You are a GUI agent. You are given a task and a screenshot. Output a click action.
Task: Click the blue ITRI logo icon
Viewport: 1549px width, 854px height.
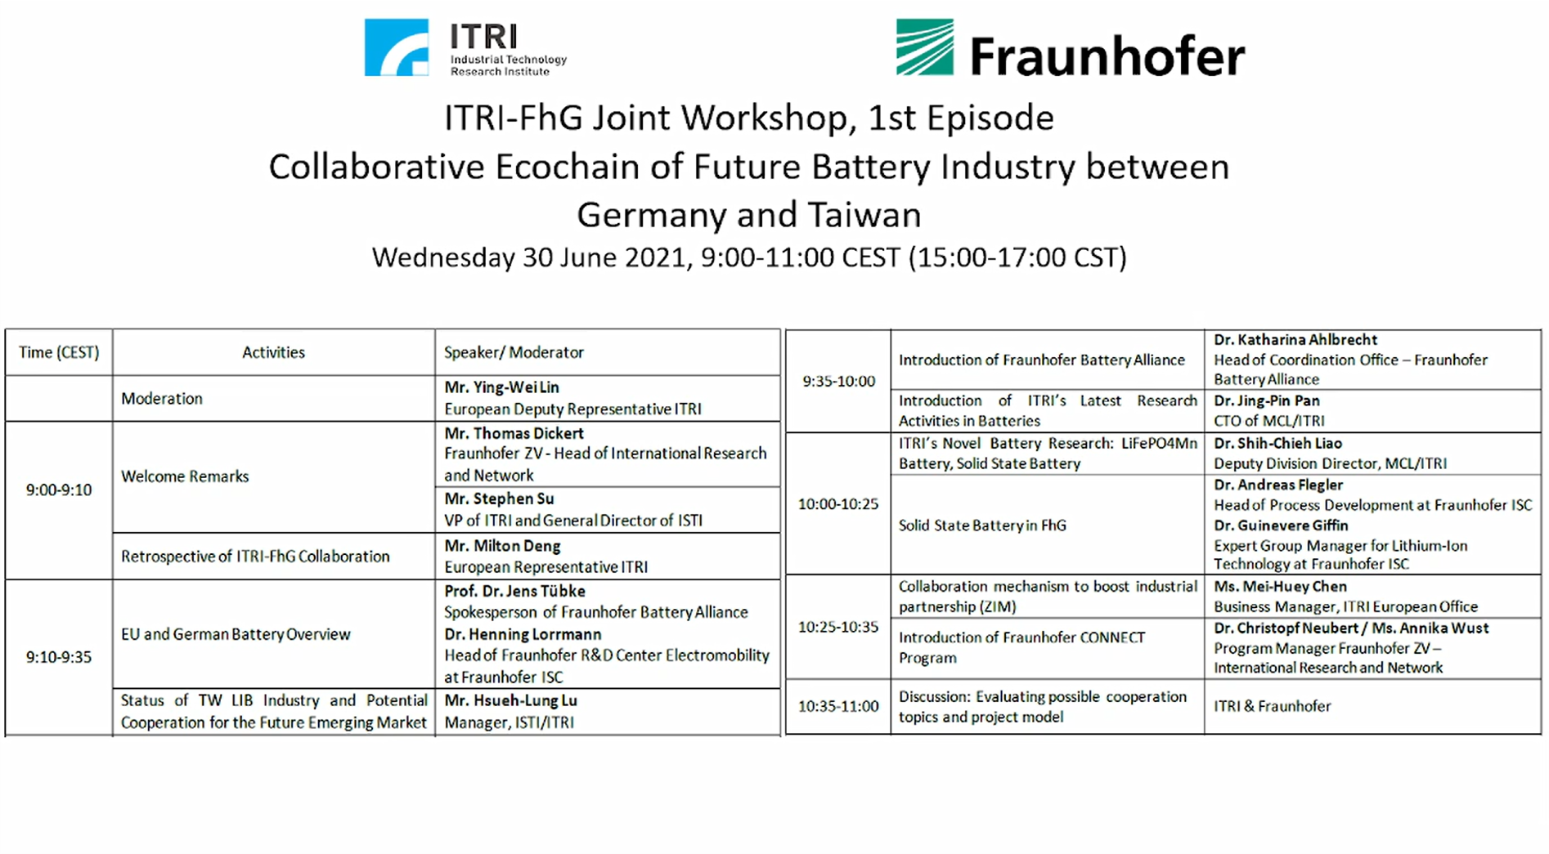(x=397, y=47)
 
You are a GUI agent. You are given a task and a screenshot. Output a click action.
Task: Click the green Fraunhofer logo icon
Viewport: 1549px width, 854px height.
(x=925, y=47)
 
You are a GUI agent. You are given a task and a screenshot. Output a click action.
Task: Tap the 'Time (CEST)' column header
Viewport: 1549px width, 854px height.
(x=59, y=352)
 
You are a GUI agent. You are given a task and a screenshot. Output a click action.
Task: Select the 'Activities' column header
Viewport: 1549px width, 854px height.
(x=273, y=352)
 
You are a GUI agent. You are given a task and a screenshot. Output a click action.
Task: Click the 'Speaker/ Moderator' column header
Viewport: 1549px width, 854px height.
(x=514, y=352)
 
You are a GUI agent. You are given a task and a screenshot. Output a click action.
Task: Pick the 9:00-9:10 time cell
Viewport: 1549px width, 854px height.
(x=59, y=490)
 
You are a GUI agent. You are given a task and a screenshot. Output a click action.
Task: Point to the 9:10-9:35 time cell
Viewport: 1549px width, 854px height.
(x=59, y=657)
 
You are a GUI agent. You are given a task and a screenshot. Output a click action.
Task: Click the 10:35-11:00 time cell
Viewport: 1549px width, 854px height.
(x=838, y=706)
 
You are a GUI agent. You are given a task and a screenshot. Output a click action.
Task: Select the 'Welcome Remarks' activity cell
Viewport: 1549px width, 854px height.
(x=185, y=476)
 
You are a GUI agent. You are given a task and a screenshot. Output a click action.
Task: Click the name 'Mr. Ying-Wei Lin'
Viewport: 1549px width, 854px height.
(x=501, y=387)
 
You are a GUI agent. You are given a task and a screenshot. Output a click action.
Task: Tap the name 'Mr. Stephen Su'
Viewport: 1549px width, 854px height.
(x=499, y=499)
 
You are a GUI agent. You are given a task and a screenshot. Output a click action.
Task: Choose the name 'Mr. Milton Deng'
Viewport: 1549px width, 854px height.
(x=502, y=546)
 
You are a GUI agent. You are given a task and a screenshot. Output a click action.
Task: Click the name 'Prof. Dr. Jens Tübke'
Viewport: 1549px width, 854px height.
(x=514, y=591)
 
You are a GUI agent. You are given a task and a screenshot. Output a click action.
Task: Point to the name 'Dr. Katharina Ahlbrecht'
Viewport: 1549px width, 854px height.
(x=1295, y=340)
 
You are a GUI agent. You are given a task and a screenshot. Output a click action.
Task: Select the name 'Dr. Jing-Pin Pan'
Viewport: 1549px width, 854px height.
(x=1267, y=401)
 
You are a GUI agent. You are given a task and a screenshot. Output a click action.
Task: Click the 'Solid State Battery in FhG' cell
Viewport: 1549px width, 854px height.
(x=982, y=525)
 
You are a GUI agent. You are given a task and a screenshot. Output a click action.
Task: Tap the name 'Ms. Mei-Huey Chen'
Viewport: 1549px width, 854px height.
(x=1280, y=587)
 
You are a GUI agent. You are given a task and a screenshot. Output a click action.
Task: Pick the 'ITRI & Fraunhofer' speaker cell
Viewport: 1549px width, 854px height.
(x=1273, y=706)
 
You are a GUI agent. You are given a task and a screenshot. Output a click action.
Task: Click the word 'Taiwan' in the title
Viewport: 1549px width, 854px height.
(x=864, y=215)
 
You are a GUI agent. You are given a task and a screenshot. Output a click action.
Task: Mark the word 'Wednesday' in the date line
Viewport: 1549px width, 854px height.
(x=443, y=258)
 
